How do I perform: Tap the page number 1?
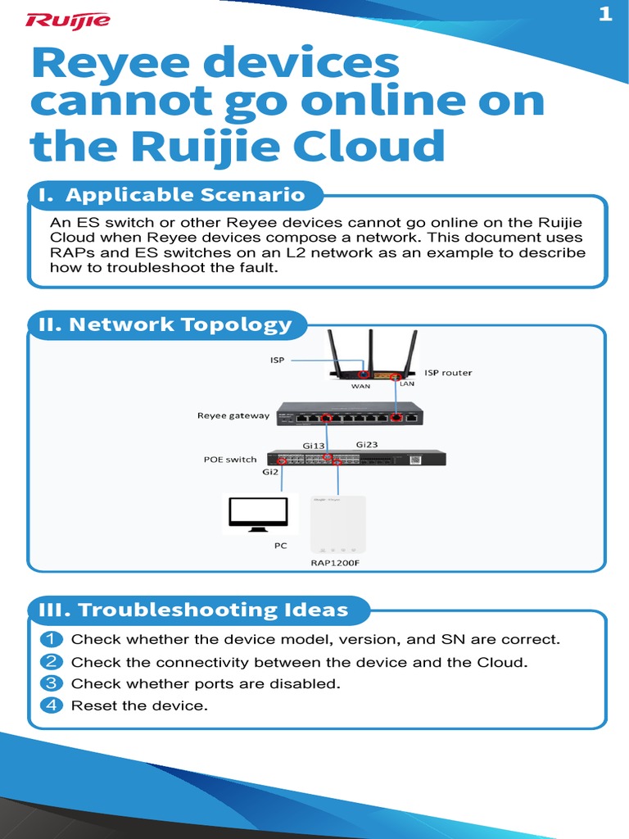click(x=605, y=15)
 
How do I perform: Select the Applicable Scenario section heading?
click(x=175, y=195)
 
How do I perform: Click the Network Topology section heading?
click(x=167, y=324)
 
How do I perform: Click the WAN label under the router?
click(x=361, y=386)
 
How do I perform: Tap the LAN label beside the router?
click(x=408, y=383)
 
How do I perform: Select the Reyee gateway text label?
click(x=233, y=415)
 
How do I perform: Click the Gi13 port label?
click(x=314, y=446)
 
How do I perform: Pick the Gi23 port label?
click(x=367, y=444)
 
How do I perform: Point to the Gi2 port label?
click(x=270, y=472)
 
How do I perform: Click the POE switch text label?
click(x=230, y=460)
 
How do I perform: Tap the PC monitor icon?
click(x=257, y=514)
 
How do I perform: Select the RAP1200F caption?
click(x=338, y=563)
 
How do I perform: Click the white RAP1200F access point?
click(x=337, y=524)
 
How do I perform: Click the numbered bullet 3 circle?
click(x=52, y=683)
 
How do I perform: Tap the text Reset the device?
click(x=139, y=705)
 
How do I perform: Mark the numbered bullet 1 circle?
click(x=52, y=639)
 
